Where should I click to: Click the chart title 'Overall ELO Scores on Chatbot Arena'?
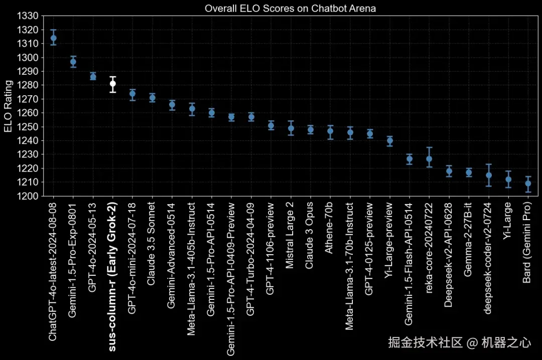tap(290, 9)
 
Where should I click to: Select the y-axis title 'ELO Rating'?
tap(8, 106)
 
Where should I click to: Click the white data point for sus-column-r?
tap(113, 84)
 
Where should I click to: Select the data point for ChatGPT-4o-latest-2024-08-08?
tap(54, 38)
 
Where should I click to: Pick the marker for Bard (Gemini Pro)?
tap(528, 184)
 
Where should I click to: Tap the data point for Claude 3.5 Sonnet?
tap(153, 98)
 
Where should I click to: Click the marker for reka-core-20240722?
tap(429, 159)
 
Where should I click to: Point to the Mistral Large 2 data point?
tap(291, 128)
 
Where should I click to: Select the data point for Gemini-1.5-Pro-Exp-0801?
tap(73, 62)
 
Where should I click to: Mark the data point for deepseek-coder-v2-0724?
tap(489, 175)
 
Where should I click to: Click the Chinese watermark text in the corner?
tap(459, 342)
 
